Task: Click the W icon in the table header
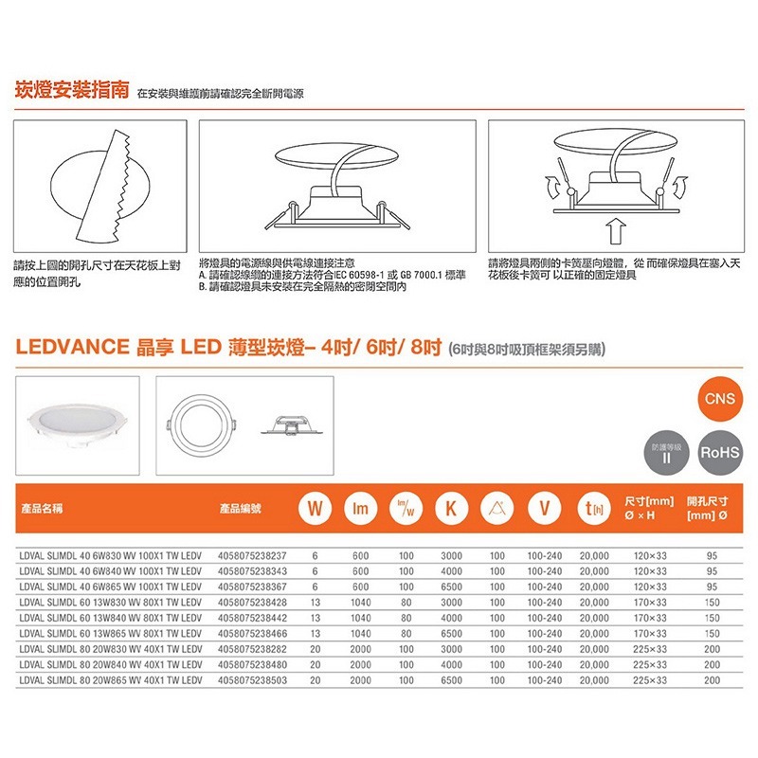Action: pyautogui.click(x=314, y=509)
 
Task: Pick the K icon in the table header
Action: pyautogui.click(x=451, y=509)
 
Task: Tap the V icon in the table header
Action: pyautogui.click(x=543, y=509)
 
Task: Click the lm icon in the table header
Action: pyautogui.click(x=360, y=509)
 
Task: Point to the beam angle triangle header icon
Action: pyautogui.click(x=496, y=509)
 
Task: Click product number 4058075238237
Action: pyautogui.click(x=252, y=557)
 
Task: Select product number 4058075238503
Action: pyautogui.click(x=252, y=680)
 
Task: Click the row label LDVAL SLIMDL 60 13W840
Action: pyautogui.click(x=111, y=619)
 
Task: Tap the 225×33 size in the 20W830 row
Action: pyautogui.click(x=650, y=650)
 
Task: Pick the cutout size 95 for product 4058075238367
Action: pyautogui.click(x=712, y=587)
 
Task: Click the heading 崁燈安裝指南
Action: pyautogui.click(x=73, y=92)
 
